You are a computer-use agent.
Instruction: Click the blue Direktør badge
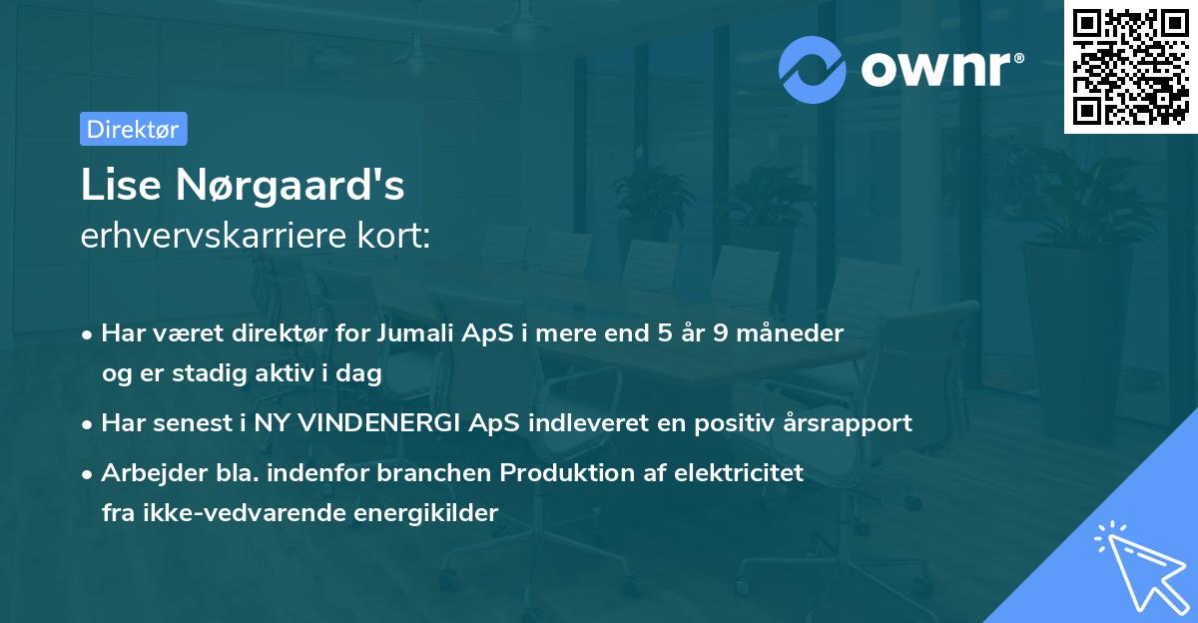pos(133,129)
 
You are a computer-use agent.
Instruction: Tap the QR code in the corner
pos(1130,66)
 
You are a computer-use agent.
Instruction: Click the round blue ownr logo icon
pos(813,69)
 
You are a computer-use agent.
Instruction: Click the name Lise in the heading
pos(118,186)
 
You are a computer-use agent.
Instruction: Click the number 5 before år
pos(664,332)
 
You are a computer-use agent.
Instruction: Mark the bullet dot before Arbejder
pos(89,472)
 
